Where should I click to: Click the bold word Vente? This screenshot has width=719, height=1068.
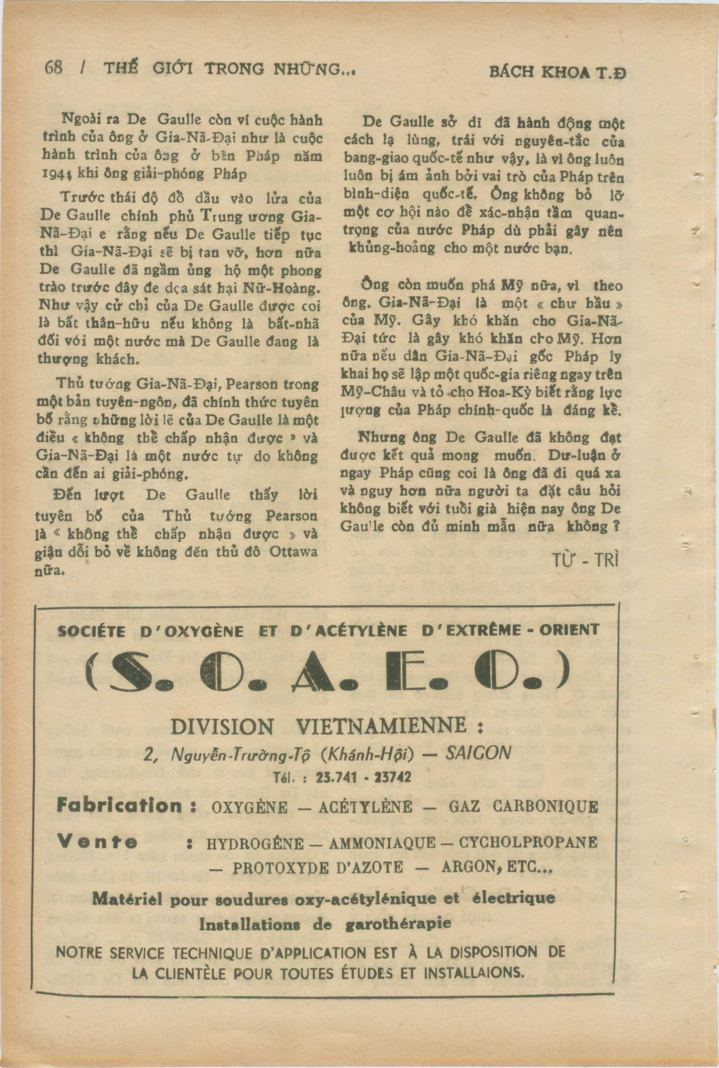click(97, 841)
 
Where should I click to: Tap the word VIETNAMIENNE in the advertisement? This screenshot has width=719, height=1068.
click(382, 727)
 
